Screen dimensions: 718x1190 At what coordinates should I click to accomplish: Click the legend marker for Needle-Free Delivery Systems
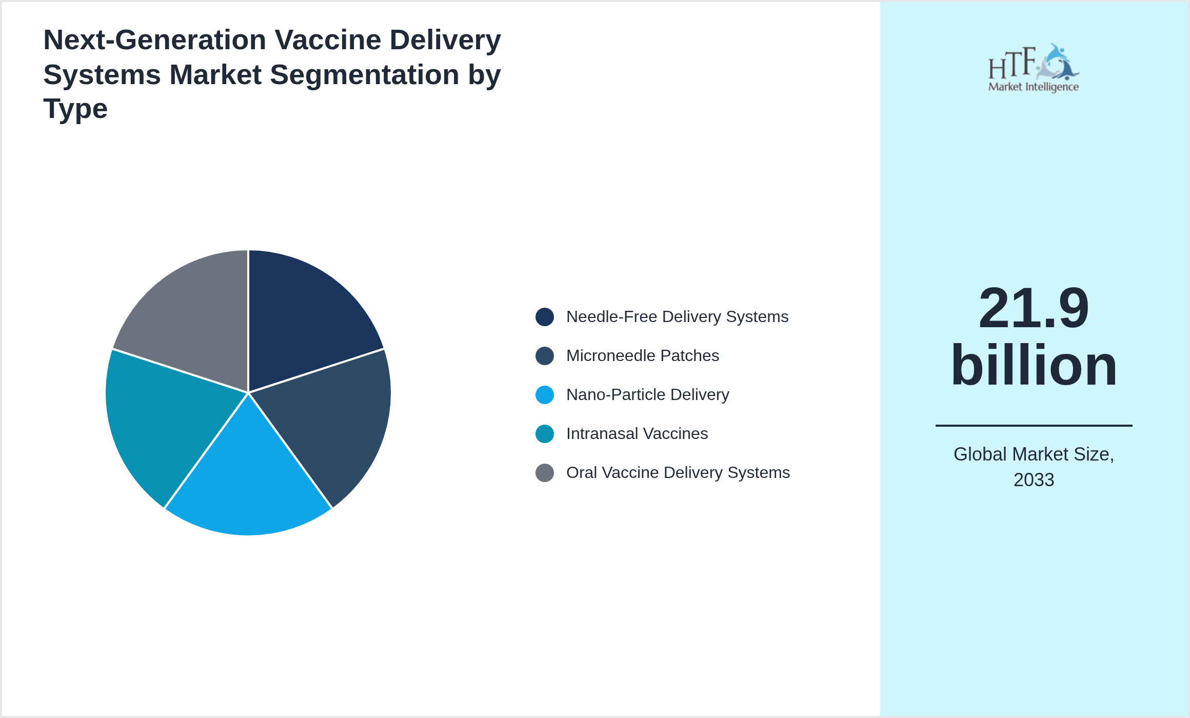(x=544, y=317)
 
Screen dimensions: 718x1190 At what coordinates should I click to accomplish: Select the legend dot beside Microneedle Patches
(x=544, y=356)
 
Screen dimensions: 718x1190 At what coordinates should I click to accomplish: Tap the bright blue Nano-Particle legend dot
(x=544, y=395)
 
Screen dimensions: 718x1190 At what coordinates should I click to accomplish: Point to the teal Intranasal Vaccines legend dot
(x=544, y=434)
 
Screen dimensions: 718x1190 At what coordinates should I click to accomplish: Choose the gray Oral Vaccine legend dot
(x=544, y=473)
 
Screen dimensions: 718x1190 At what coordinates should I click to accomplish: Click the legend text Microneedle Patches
(x=642, y=356)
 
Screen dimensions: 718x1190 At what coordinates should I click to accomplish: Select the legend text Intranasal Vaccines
(x=637, y=434)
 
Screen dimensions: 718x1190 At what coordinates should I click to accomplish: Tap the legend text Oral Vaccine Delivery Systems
(x=678, y=473)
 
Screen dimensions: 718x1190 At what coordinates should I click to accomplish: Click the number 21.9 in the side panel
(x=1033, y=309)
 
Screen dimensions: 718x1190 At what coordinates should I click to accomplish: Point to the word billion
(x=1033, y=365)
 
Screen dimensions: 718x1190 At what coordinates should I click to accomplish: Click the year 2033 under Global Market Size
(x=1033, y=480)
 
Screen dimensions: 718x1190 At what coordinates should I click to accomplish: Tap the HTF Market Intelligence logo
(x=1033, y=68)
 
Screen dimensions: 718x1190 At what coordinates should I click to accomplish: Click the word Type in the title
(x=75, y=109)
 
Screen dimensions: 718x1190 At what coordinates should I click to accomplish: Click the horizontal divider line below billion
(x=1033, y=425)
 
